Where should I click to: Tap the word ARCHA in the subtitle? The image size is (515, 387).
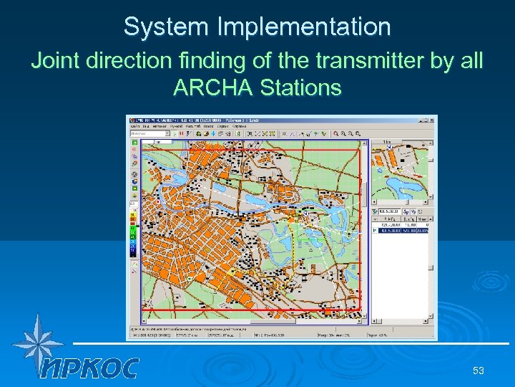(x=213, y=89)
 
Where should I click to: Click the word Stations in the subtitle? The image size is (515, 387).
(x=300, y=89)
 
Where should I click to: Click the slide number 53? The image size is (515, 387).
(x=479, y=371)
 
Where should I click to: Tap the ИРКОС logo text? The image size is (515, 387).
(x=89, y=368)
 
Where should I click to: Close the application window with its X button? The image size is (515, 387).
(x=431, y=120)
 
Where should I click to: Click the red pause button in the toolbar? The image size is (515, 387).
(x=182, y=133)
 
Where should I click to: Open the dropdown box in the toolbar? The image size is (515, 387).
(x=149, y=133)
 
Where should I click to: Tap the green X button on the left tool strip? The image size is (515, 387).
(x=134, y=142)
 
